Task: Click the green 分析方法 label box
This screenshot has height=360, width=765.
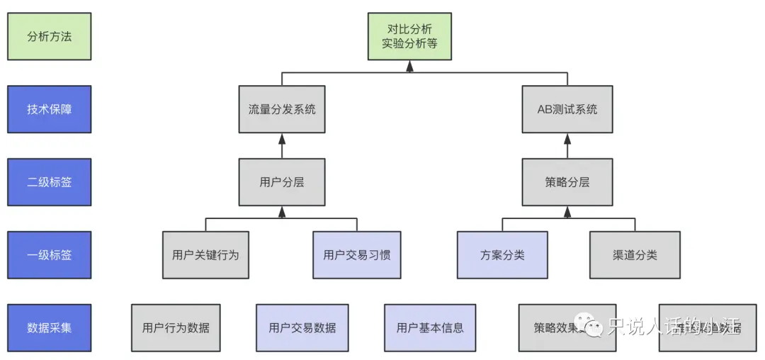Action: pos(49,36)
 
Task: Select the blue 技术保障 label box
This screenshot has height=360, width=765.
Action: pos(49,109)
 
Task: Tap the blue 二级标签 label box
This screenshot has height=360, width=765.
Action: pos(49,182)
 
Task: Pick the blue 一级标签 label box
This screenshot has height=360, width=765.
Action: pos(49,254)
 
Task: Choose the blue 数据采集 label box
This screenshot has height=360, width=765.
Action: pos(49,327)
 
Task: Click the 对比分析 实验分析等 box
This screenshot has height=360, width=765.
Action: pos(409,36)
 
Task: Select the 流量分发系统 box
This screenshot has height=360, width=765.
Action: pos(282,109)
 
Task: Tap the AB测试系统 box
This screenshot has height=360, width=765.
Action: pos(567,109)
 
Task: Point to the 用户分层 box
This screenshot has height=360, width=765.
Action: pos(282,182)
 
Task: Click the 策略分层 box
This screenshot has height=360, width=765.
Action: pos(567,182)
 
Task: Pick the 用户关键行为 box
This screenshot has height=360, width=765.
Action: pos(205,254)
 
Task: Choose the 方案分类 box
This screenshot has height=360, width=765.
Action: pos(502,254)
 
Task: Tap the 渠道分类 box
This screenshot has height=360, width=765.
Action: pos(635,254)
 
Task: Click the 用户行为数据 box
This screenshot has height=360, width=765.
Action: pos(176,327)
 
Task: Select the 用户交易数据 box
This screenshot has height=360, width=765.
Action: pos(302,327)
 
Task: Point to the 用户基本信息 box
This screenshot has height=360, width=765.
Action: pos(430,327)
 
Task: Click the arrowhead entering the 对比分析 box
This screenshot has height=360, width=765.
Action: pos(409,66)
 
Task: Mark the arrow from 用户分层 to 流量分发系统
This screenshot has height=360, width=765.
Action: pos(282,145)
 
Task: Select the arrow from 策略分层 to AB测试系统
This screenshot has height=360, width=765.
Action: pos(567,145)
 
